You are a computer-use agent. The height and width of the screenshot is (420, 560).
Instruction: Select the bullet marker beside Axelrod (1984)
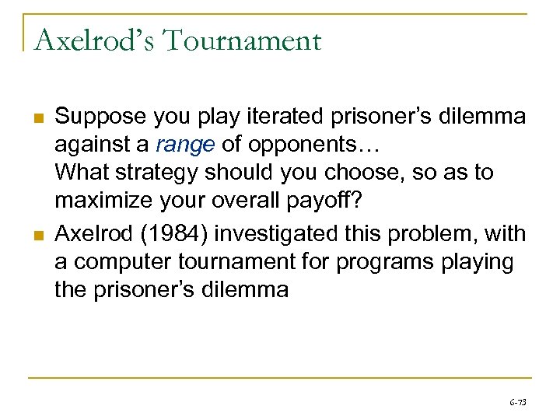click(37, 234)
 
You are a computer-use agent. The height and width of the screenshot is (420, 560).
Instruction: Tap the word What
click(81, 172)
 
